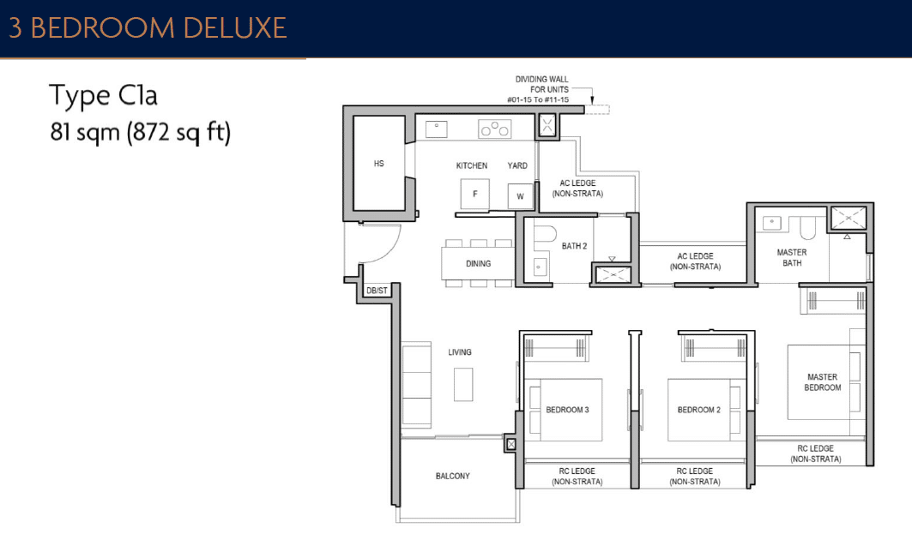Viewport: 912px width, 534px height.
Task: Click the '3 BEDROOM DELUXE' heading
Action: point(148,27)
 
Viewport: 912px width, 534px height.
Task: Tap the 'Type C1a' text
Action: point(103,95)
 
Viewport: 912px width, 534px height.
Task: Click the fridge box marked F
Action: point(474,194)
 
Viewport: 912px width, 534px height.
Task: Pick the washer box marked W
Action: point(519,196)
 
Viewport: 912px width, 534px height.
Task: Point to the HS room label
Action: point(378,163)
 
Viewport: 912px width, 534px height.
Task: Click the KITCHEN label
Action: point(471,165)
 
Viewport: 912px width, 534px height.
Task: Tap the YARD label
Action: point(517,165)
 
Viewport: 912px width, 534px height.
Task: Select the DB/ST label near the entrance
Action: point(377,291)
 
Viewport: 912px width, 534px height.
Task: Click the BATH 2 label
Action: point(574,246)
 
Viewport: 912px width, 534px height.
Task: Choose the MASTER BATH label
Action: point(791,257)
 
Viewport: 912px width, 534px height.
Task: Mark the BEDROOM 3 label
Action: point(567,410)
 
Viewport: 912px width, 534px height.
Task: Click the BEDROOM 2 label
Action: point(698,410)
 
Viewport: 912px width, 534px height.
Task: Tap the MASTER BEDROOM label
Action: point(822,382)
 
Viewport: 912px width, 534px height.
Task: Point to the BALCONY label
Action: point(452,476)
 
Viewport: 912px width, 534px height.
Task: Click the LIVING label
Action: point(459,352)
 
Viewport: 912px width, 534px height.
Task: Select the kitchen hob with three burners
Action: point(494,129)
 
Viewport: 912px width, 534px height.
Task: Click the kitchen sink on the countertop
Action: point(436,129)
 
